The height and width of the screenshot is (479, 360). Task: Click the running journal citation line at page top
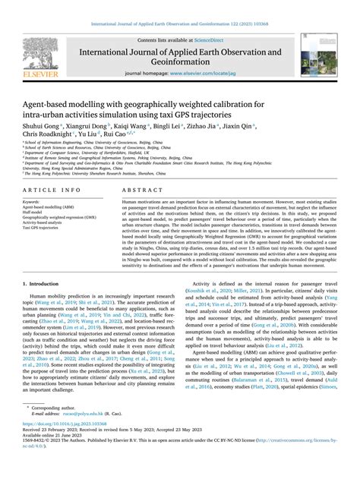pos(180,7)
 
